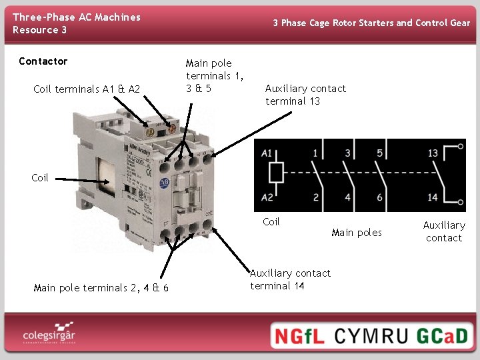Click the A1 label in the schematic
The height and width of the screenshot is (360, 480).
267,153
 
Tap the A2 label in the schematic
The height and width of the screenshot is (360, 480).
267,197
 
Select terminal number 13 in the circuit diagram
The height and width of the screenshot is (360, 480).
433,153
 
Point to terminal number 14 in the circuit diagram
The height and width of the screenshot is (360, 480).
433,197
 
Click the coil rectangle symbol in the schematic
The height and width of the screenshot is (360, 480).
275,173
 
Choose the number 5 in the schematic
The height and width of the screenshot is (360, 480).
380,153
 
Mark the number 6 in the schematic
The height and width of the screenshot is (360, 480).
380,197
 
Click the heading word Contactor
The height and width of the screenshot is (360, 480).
43,61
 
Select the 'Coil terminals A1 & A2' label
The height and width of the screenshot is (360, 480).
87,89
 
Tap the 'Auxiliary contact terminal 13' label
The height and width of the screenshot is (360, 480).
305,95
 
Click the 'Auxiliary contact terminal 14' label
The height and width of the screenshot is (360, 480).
290,279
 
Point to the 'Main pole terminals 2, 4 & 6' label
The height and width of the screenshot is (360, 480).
101,288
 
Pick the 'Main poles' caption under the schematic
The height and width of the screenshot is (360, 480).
357,233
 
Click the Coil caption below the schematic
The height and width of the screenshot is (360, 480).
271,222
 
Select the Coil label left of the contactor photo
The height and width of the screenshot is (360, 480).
40,178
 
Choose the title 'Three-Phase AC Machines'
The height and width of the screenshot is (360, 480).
77,17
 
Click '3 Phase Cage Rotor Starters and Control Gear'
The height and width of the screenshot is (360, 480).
371,23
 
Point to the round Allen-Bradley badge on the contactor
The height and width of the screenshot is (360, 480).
165,183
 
